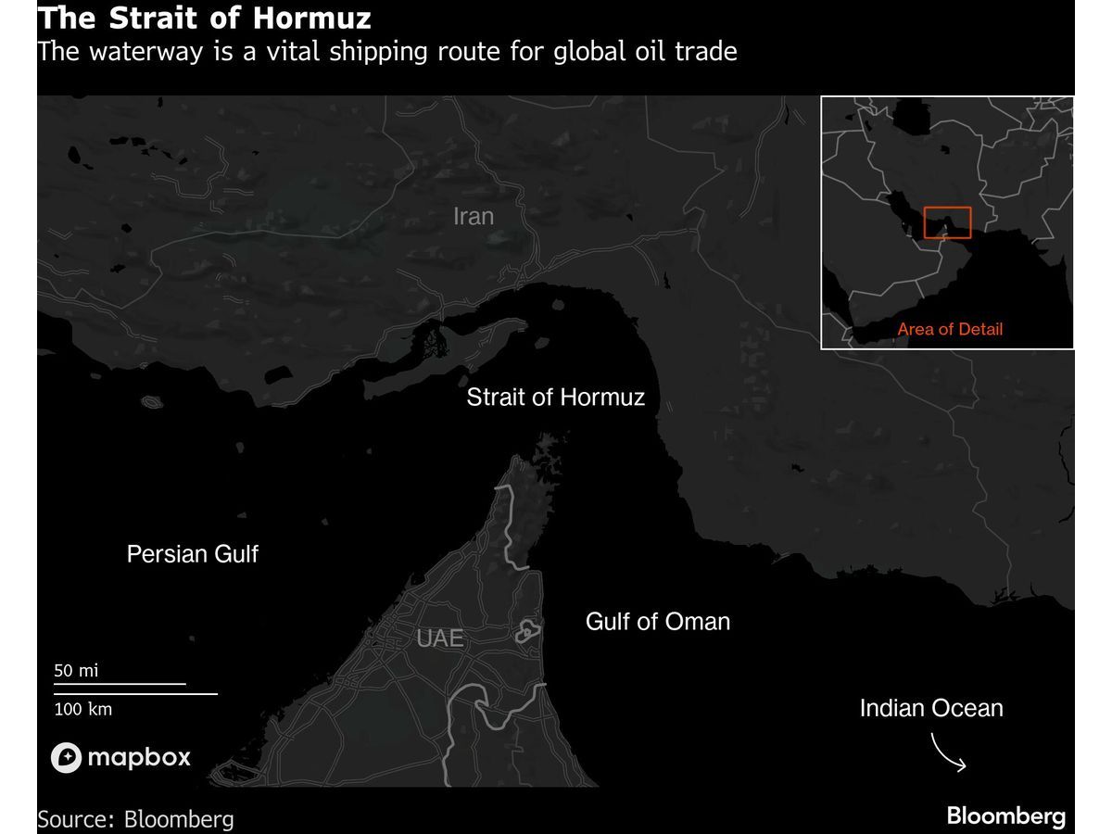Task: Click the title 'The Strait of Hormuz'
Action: point(204,18)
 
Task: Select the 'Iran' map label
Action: point(474,216)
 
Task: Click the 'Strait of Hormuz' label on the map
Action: point(556,398)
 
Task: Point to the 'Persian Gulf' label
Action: point(193,554)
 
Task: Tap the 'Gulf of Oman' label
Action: point(658,621)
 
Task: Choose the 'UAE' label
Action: point(440,638)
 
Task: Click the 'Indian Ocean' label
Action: point(931,709)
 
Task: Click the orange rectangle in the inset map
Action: point(947,222)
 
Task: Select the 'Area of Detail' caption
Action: point(950,329)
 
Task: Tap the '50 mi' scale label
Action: point(76,670)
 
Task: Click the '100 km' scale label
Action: point(83,709)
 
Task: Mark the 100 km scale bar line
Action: point(135,693)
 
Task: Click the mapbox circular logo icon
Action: point(67,758)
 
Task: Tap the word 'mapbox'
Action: point(139,758)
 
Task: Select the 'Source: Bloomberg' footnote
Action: point(135,819)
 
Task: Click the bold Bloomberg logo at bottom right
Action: point(1006,816)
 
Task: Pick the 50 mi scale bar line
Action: point(120,684)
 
